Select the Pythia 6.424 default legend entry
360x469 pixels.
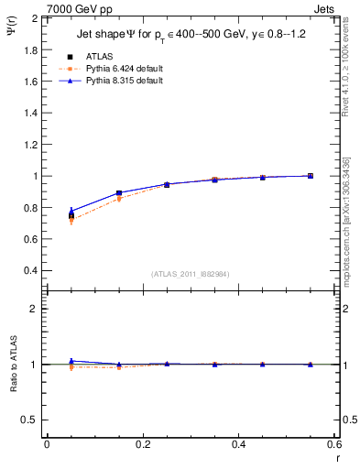point(118,69)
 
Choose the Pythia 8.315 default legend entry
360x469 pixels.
point(118,81)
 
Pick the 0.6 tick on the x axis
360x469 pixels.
point(333,444)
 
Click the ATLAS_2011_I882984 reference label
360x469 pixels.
point(191,274)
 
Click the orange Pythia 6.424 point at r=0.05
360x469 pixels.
point(71,221)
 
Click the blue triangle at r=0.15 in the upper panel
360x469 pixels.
point(119,192)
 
